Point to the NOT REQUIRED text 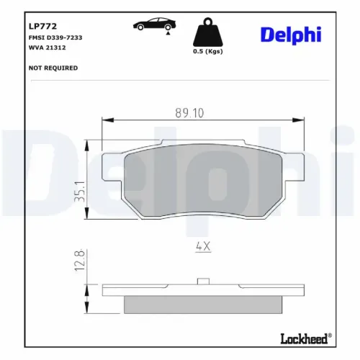53,68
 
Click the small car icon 152,24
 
